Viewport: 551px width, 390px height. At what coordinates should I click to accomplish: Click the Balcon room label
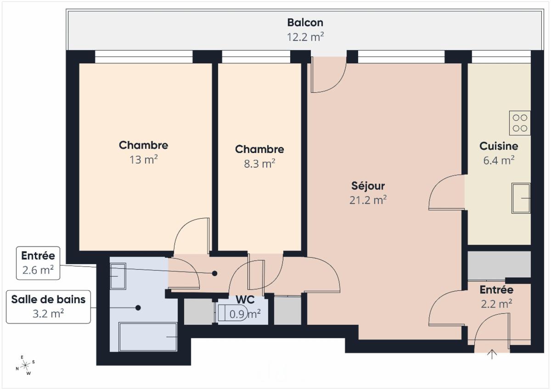(305, 23)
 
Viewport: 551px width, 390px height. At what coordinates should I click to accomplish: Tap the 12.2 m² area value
(305, 37)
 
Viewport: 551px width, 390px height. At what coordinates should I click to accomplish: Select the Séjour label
(368, 186)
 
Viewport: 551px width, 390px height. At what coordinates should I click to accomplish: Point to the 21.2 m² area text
(368, 200)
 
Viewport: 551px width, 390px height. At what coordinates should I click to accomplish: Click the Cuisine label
(499, 146)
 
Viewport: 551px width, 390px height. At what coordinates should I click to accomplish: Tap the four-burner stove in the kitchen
(520, 123)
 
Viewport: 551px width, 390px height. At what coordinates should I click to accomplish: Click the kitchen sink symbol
(521, 198)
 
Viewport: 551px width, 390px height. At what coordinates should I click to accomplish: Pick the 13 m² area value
(143, 160)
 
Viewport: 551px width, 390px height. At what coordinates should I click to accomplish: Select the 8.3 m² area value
(259, 164)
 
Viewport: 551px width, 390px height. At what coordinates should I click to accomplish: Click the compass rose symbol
(25, 365)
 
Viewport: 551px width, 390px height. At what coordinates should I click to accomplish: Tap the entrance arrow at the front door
(492, 354)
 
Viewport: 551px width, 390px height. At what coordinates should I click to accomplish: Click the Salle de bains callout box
(48, 307)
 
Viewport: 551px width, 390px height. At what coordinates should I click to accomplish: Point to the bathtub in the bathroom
(148, 337)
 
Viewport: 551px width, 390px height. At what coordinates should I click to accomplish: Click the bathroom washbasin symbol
(118, 276)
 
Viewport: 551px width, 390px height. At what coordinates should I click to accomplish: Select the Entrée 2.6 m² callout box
(38, 263)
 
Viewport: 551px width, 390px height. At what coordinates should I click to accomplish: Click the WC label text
(245, 300)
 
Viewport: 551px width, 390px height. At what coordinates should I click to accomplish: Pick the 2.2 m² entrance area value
(496, 304)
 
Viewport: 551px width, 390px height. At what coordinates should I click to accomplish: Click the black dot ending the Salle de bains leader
(138, 308)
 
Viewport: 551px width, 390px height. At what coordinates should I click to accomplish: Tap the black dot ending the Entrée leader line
(214, 273)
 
